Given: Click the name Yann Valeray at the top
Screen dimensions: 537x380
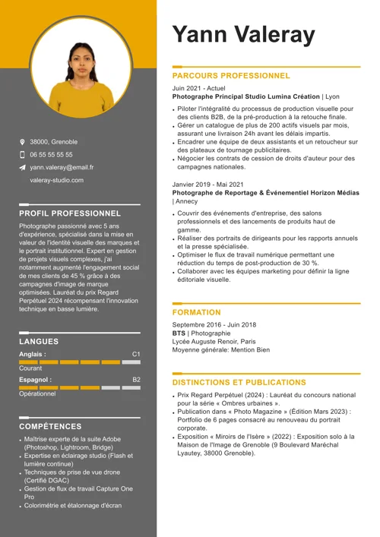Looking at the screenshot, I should [x=243, y=34].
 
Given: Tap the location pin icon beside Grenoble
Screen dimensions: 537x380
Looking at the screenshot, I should [x=23, y=142].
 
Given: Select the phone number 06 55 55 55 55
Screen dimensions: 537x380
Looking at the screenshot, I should [x=52, y=154].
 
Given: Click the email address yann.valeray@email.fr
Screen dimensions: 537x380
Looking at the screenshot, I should [x=62, y=167].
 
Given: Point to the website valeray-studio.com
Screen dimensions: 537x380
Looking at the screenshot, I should [x=57, y=180].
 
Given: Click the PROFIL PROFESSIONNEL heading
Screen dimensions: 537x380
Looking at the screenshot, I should [x=70, y=214].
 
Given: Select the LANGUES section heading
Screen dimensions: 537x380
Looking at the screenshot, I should [x=39, y=342].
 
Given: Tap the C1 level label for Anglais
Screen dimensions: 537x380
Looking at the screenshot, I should [x=136, y=354].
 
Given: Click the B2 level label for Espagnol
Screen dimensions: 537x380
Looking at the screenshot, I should [x=136, y=379].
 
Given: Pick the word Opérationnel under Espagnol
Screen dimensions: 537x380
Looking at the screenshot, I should [x=37, y=394].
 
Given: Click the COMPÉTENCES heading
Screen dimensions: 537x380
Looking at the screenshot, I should [x=51, y=427].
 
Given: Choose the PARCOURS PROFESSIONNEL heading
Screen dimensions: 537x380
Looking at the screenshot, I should [x=231, y=76].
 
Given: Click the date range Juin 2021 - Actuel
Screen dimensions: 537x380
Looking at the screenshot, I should [x=198, y=88].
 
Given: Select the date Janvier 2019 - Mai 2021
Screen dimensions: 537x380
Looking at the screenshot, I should [x=208, y=185].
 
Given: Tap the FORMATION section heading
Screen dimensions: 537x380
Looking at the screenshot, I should [x=196, y=312].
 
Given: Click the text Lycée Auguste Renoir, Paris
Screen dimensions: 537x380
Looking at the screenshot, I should [x=214, y=342].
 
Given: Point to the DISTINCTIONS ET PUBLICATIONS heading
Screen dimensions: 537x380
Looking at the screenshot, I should [x=239, y=383].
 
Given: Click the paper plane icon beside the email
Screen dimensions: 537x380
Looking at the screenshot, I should [x=23, y=167].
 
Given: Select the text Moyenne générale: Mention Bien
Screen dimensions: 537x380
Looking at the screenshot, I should [x=220, y=350].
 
